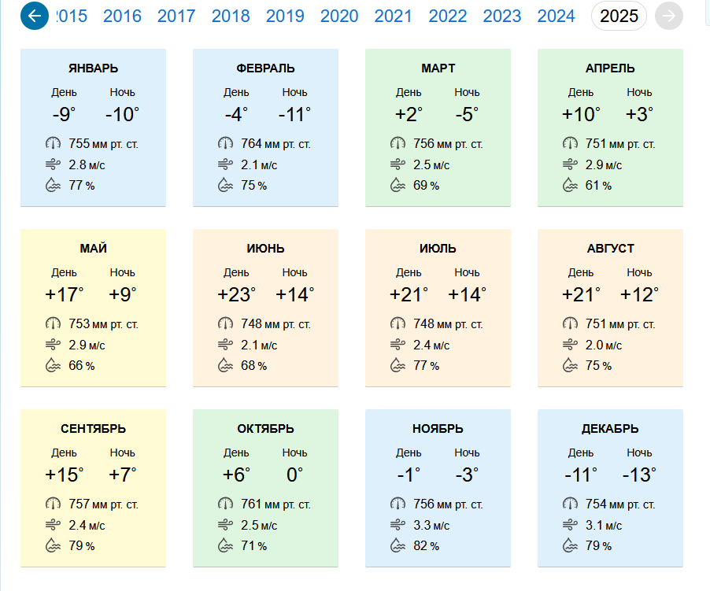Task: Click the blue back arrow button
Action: point(35,16)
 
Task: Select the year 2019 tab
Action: point(285,17)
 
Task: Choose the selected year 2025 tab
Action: point(619,17)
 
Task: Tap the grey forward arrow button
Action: point(669,16)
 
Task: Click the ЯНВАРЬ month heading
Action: point(94,68)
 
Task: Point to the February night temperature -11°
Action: point(294,114)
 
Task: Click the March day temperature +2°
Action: point(409,114)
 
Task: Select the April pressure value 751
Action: point(595,144)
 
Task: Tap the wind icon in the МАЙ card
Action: point(53,345)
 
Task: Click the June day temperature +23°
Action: point(236,294)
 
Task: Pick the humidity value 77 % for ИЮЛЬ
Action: point(426,366)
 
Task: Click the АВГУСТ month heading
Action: point(610,249)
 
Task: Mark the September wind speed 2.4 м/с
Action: point(87,526)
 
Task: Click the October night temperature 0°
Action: point(294,475)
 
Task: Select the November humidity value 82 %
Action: point(426,545)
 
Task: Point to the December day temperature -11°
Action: point(581,475)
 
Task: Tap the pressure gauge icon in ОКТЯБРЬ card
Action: point(225,504)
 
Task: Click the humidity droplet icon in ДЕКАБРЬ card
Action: point(570,545)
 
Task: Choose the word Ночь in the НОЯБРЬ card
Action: point(467,453)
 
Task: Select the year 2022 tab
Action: point(447,17)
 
